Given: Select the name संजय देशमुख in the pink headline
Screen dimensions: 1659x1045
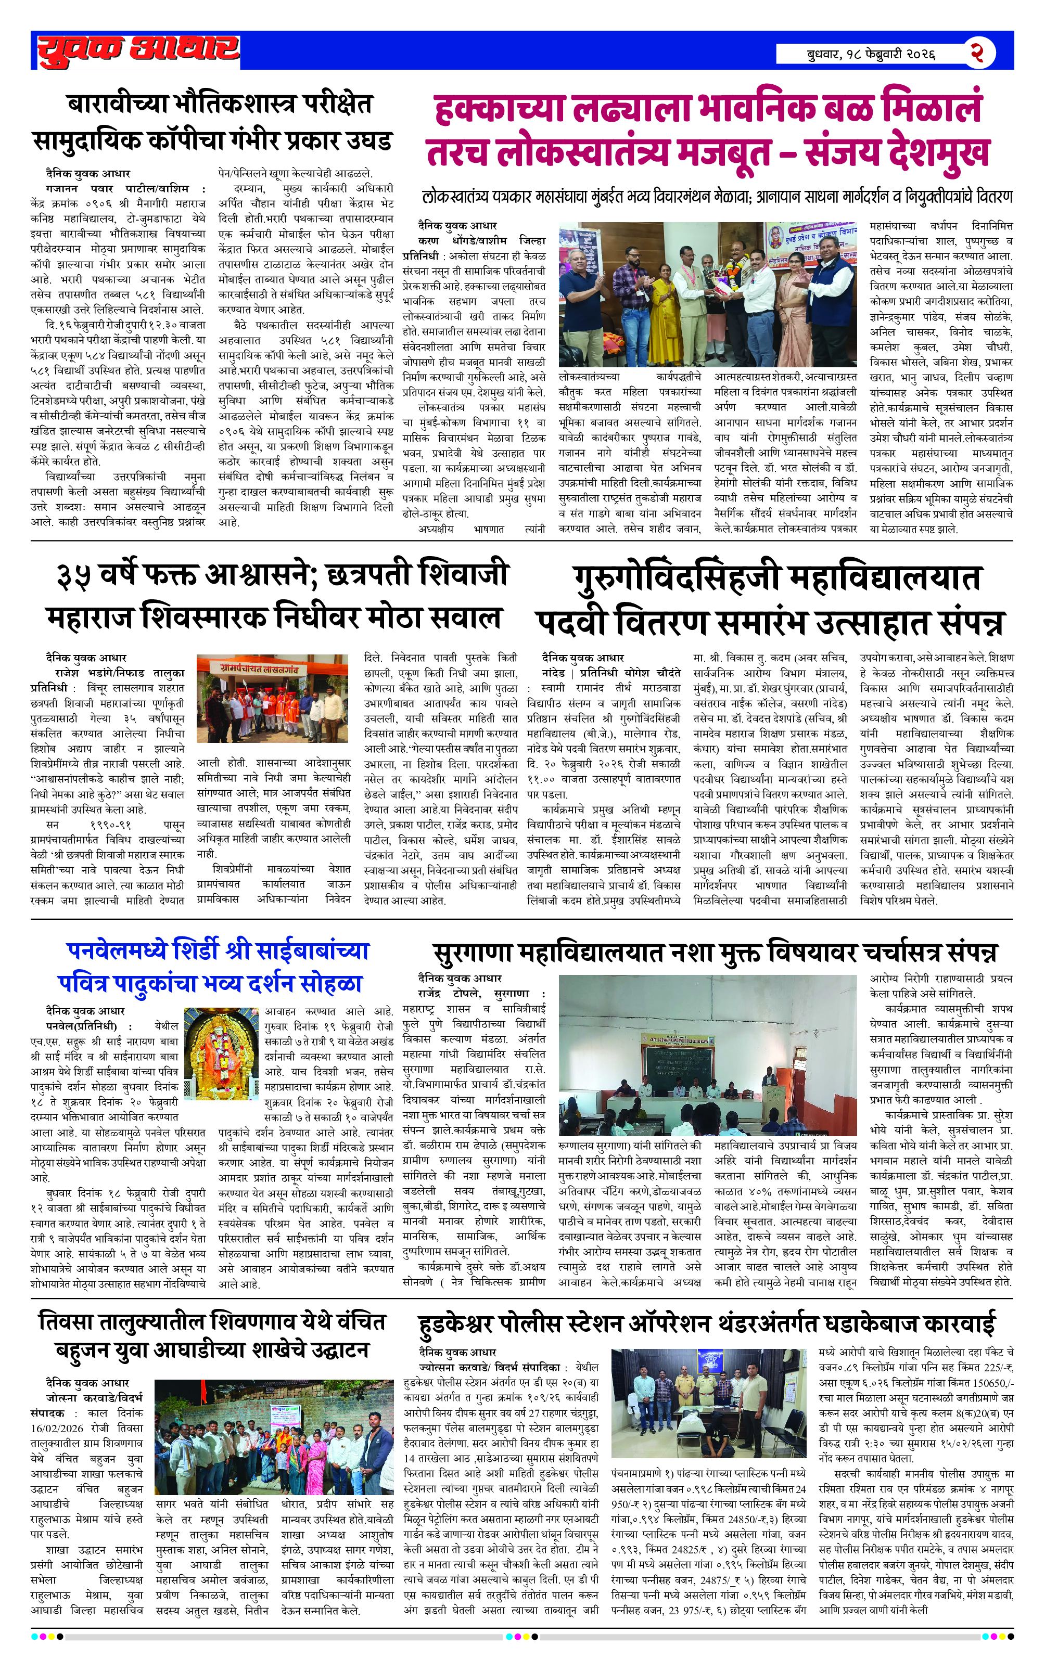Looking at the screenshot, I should point(897,152).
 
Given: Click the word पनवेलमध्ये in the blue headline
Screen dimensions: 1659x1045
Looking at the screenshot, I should point(117,951).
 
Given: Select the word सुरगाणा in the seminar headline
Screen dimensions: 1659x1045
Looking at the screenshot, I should point(474,953).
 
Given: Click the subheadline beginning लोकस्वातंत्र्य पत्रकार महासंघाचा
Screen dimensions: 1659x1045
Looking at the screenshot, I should point(717,198).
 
